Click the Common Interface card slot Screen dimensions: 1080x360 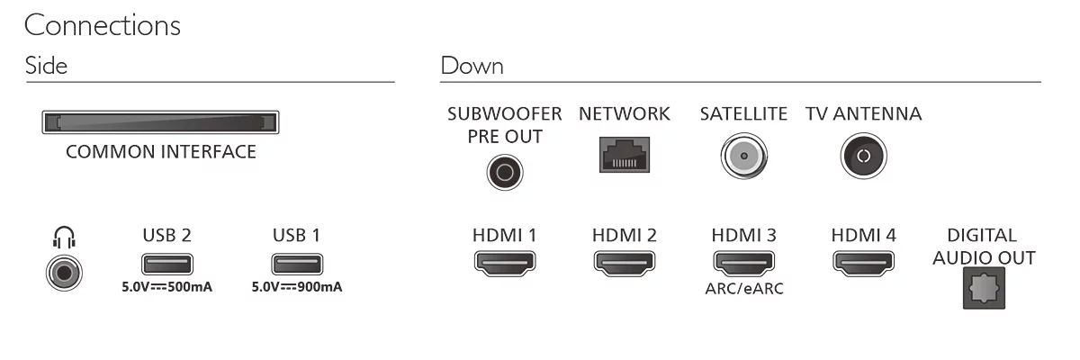point(160,121)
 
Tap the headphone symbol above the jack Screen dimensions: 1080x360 point(64,238)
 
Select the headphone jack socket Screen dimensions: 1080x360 point(64,274)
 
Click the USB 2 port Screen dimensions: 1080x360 point(167,264)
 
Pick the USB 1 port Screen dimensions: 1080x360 point(297,264)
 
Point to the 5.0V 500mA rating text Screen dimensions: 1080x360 point(166,287)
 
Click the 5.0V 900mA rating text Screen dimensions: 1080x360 point(297,287)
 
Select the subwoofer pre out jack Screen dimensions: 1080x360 point(505,172)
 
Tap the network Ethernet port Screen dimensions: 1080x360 point(625,155)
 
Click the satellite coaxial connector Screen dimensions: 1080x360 point(744,156)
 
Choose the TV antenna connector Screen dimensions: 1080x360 point(863,156)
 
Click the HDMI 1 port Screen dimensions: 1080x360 point(505,263)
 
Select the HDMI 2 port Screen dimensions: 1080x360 point(625,263)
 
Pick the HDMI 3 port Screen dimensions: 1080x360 point(744,263)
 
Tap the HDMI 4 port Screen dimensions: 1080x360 point(863,263)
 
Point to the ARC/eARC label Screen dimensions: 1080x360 point(744,288)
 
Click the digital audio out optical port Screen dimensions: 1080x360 point(984,288)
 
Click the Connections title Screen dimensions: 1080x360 point(103,25)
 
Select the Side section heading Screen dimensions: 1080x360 point(46,66)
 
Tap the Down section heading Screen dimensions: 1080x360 point(472,66)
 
